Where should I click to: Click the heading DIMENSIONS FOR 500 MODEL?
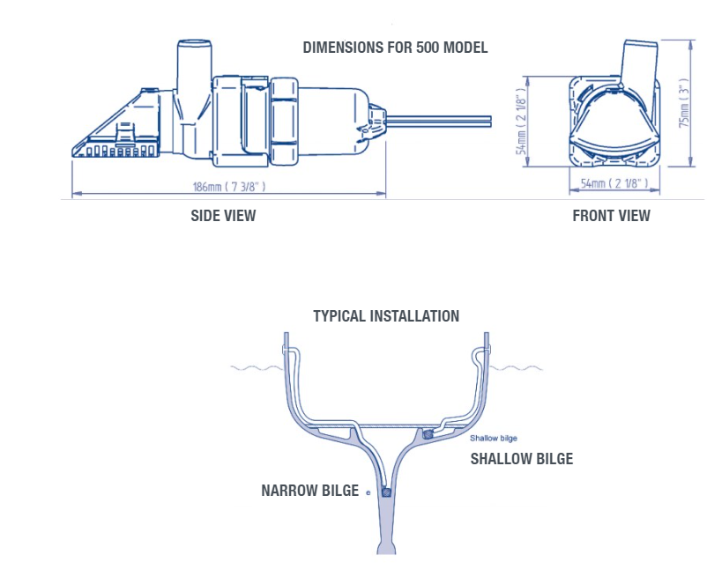(x=395, y=48)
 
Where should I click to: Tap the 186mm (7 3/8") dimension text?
(x=229, y=187)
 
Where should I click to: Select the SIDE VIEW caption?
(x=224, y=215)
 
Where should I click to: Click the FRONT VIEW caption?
(x=611, y=215)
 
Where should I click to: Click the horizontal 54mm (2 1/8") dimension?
(x=614, y=183)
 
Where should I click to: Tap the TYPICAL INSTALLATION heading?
(x=386, y=316)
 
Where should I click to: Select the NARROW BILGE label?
(x=309, y=491)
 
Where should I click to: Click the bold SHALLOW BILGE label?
(x=521, y=459)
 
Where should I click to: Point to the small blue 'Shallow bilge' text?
(x=494, y=438)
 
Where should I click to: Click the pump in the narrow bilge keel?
(x=386, y=492)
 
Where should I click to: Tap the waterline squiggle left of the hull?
(x=254, y=367)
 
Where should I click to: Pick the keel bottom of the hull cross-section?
(x=386, y=542)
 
